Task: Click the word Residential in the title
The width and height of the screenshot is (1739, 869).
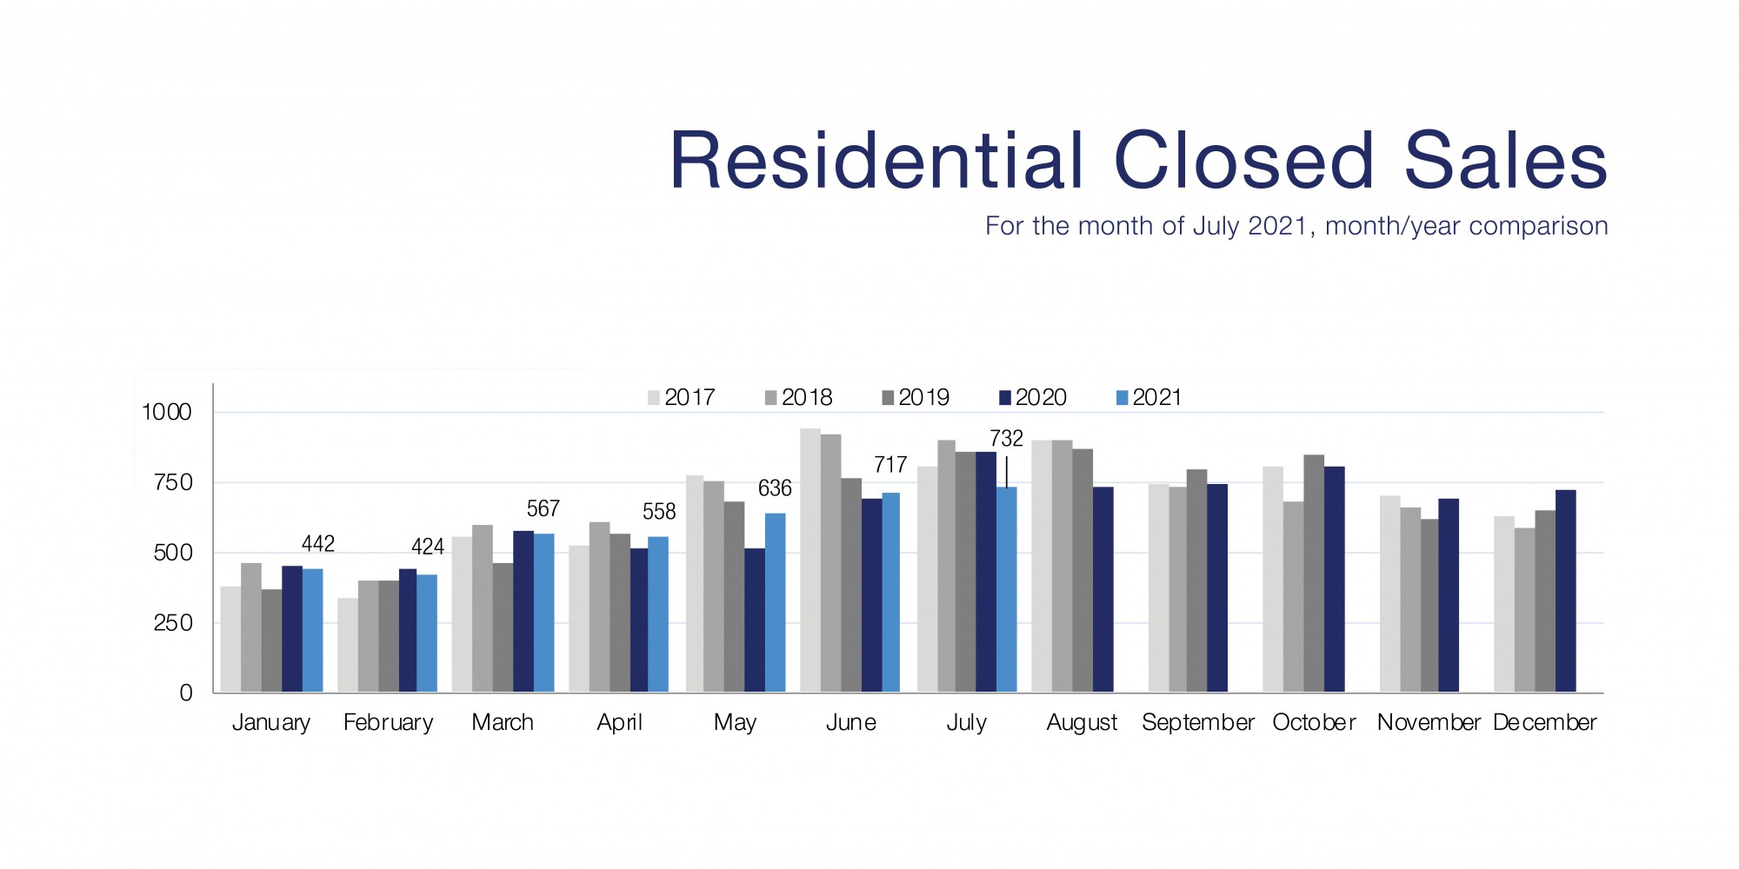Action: click(x=876, y=161)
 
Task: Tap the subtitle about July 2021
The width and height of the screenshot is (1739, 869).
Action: click(x=1296, y=226)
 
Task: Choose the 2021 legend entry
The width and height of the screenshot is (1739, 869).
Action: click(x=1149, y=397)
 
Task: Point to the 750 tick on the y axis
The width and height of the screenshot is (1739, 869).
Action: click(x=172, y=482)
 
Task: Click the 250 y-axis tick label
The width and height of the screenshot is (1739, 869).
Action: click(x=172, y=623)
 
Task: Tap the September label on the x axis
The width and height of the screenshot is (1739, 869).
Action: click(x=1197, y=722)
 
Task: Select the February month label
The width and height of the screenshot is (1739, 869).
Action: click(x=388, y=722)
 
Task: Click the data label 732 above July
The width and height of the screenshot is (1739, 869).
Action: click(x=1006, y=439)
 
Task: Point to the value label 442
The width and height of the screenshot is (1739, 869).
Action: click(x=317, y=544)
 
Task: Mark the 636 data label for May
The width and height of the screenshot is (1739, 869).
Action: click(x=775, y=488)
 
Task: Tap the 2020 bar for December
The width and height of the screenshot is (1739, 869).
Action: click(x=1565, y=591)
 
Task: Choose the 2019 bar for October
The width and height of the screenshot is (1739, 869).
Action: click(x=1314, y=574)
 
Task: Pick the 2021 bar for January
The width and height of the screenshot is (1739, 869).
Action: click(x=312, y=630)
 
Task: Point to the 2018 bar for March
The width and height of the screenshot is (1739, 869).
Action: click(x=483, y=608)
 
